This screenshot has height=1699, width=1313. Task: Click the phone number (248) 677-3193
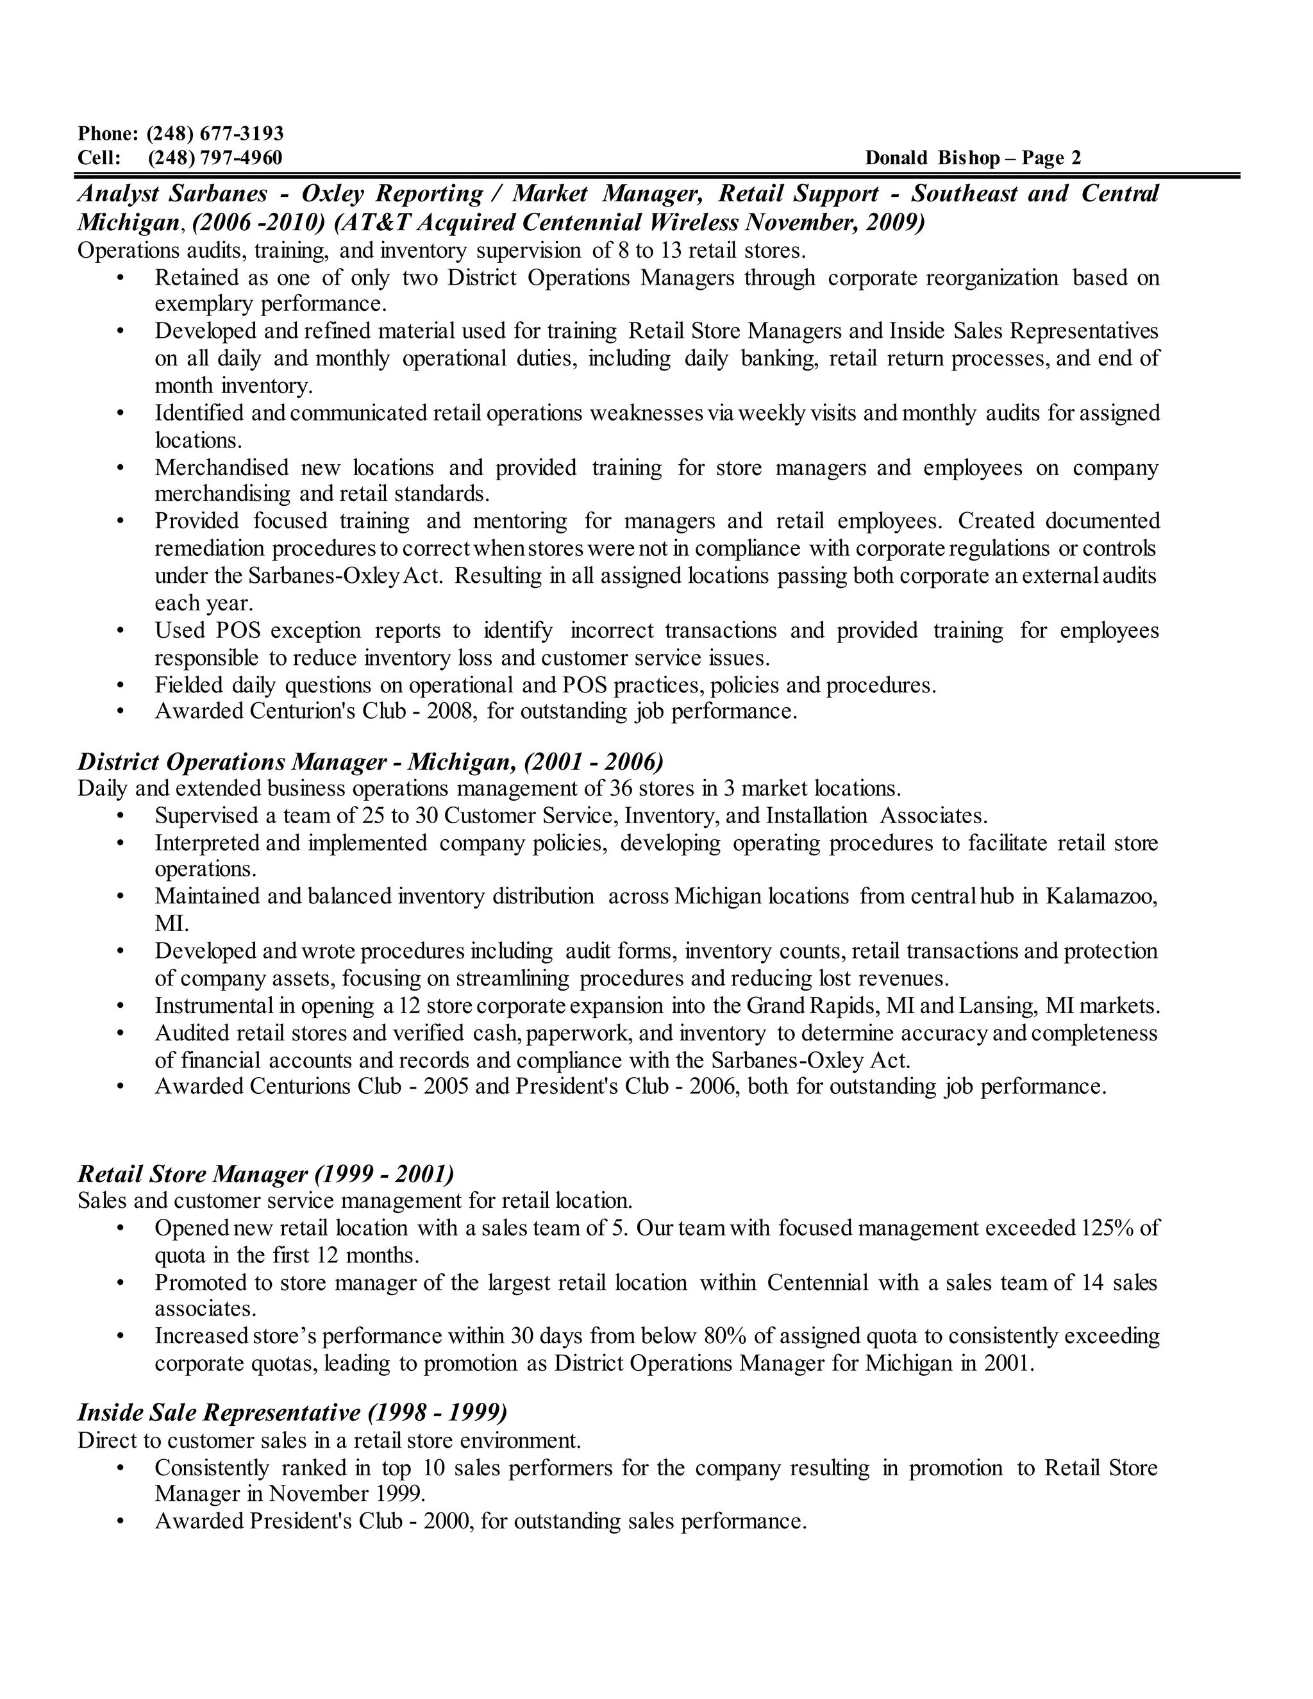(215, 134)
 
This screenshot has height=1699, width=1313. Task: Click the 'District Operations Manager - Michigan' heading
(371, 762)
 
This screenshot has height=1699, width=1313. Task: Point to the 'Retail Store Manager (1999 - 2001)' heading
(266, 1173)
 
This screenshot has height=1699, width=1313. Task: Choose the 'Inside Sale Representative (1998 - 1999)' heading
(292, 1412)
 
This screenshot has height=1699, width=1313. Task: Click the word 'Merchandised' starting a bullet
(222, 467)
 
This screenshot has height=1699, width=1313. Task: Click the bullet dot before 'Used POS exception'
(120, 631)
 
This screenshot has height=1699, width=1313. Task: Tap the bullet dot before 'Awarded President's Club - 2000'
(120, 1521)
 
